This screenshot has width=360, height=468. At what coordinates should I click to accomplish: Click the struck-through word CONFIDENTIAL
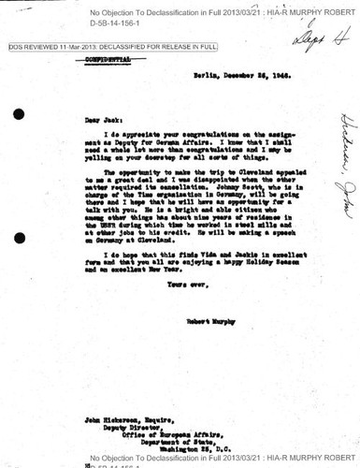105,58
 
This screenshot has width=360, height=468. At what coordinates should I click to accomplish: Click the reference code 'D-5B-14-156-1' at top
119,22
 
